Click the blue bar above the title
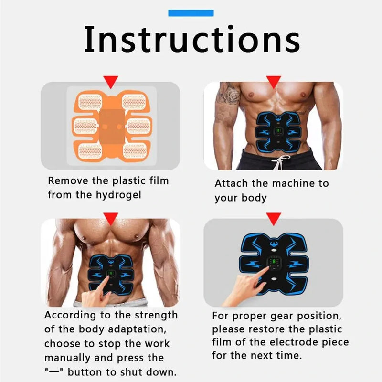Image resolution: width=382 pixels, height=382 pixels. click(x=191, y=13)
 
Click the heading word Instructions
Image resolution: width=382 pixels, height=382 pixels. click(x=192, y=40)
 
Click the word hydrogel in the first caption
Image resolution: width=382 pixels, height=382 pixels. click(x=118, y=195)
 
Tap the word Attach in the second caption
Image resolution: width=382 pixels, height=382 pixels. click(x=231, y=183)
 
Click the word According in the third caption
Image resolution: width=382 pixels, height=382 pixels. click(x=70, y=315)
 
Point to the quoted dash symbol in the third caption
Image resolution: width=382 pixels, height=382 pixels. click(x=53, y=372)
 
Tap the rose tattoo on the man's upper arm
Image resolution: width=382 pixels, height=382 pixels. click(x=232, y=94)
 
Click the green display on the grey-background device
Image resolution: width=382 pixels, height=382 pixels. click(x=274, y=262)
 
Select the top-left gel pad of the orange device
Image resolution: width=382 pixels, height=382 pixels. click(x=90, y=102)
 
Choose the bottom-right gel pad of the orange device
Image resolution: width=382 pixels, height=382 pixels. click(x=135, y=151)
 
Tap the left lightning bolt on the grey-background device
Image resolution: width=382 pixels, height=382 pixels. click(x=253, y=265)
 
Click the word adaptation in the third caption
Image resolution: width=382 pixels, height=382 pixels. click(x=137, y=329)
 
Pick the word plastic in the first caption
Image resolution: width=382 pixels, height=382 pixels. click(x=129, y=181)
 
